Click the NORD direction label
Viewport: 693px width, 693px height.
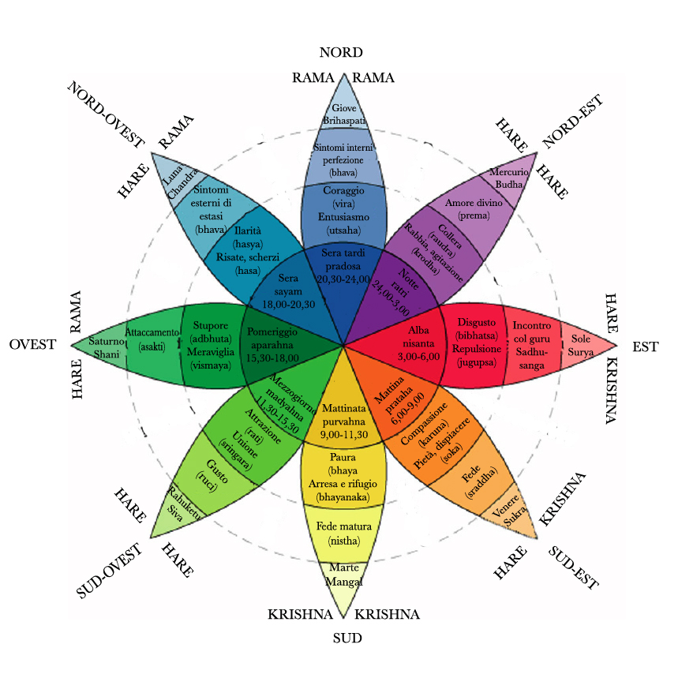tap(341, 52)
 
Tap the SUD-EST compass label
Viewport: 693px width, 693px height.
tap(574, 568)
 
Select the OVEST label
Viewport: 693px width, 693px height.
tap(32, 344)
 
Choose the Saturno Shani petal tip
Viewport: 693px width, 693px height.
tap(71, 345)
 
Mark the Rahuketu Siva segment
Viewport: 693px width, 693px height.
tap(177, 511)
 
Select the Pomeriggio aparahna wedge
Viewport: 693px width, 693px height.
tap(279, 346)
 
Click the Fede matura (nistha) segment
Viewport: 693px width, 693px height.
tap(344, 534)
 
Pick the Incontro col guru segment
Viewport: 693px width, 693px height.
tap(532, 345)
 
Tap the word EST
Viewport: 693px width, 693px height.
tap(646, 347)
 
